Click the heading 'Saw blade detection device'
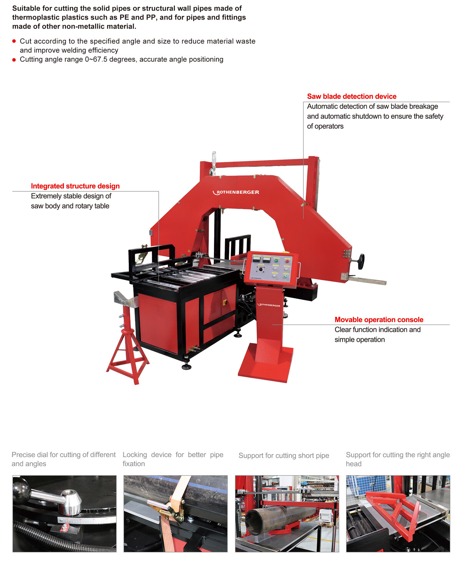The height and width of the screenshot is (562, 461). (351, 96)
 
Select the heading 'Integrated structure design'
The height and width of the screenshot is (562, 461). (75, 186)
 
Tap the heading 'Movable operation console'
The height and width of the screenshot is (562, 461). (379, 320)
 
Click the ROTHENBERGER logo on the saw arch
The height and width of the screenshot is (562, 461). (236, 192)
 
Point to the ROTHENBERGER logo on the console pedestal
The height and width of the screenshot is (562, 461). (269, 305)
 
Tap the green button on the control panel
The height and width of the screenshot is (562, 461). (276, 260)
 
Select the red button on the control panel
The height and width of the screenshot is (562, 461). (287, 261)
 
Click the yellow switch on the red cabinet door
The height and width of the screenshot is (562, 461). (225, 302)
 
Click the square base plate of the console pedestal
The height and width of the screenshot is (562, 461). (265, 363)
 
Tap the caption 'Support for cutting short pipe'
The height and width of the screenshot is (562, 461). (284, 456)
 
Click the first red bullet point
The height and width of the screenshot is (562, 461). (14, 41)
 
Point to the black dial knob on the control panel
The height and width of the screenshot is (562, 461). (261, 269)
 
